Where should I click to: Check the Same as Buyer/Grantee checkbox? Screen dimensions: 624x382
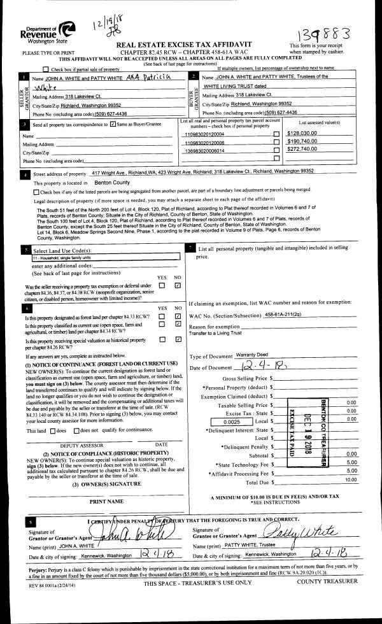[x=113, y=124]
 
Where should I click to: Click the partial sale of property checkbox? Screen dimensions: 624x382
[x=45, y=69]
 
